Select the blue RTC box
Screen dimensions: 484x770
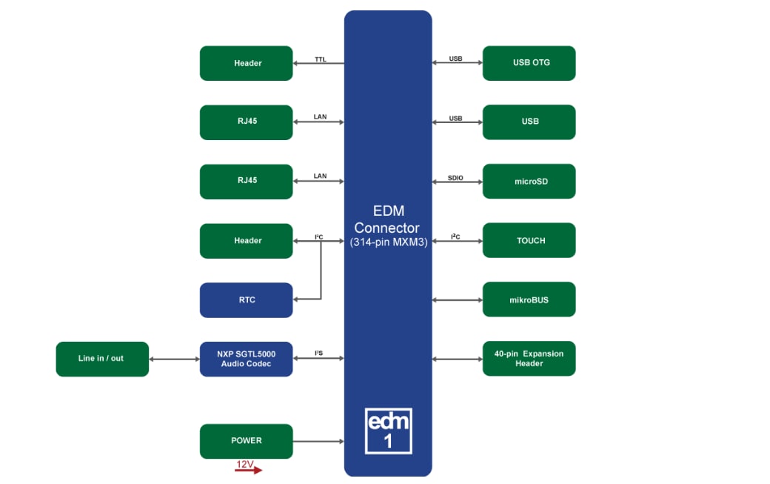[x=247, y=299]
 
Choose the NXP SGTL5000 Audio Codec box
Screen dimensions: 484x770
[x=247, y=359]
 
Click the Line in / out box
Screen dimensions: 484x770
[x=102, y=359]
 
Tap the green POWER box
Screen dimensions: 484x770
[x=247, y=441]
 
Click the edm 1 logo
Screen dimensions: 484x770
[x=389, y=431]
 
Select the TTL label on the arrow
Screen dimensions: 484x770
[x=320, y=59]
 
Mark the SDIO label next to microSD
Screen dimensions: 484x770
[x=455, y=177]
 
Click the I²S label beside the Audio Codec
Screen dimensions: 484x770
[x=318, y=354]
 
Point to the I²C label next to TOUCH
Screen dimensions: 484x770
[x=455, y=236]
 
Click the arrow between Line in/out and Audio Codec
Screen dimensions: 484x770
[x=174, y=359]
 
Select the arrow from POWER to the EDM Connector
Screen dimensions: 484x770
[x=318, y=442]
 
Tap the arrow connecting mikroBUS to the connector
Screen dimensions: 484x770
[x=457, y=300]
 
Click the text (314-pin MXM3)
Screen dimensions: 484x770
[x=388, y=242]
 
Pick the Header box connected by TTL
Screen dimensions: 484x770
[x=247, y=63]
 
